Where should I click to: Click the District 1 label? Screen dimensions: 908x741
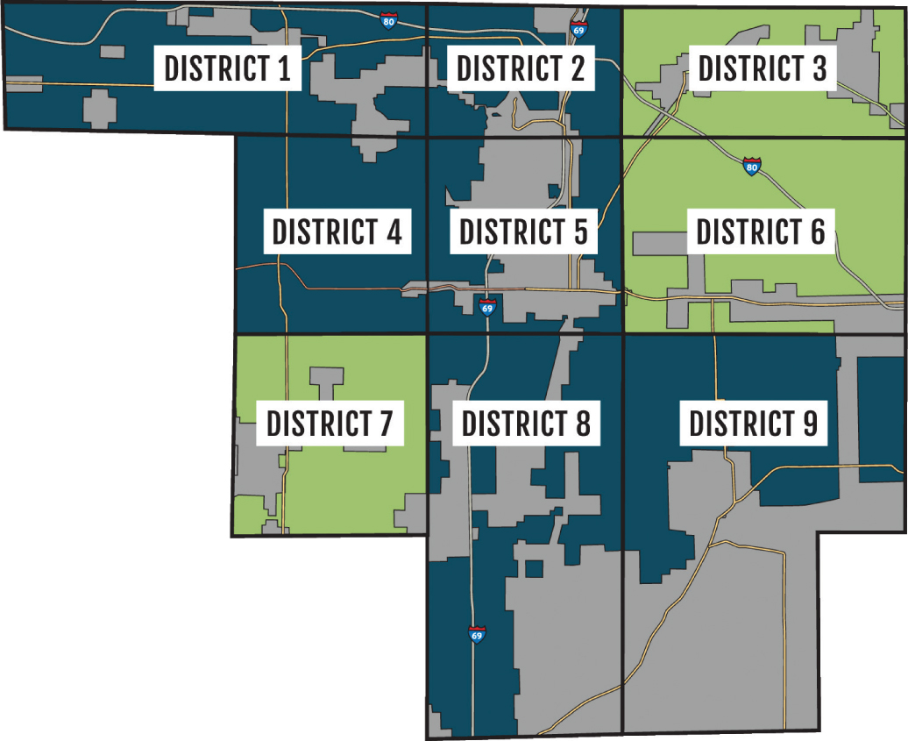click(x=227, y=68)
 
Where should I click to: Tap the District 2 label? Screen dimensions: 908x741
click(x=521, y=68)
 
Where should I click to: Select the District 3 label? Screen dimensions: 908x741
click(x=762, y=68)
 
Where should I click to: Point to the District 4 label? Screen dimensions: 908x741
click(x=337, y=232)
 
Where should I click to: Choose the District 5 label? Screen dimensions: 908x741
click(x=523, y=232)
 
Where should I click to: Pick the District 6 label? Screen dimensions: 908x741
click(x=760, y=232)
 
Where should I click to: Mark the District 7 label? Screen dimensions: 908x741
click(x=330, y=424)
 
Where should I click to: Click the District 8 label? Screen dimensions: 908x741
click(x=526, y=424)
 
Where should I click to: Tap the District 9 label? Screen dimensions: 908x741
click(x=753, y=424)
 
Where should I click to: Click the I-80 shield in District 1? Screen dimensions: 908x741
click(x=389, y=20)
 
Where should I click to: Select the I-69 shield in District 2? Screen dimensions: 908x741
click(x=578, y=30)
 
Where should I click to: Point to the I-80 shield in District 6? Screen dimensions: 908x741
click(x=751, y=166)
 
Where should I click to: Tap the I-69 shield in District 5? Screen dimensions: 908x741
click(x=488, y=307)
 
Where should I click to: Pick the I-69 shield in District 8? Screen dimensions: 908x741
click(x=477, y=634)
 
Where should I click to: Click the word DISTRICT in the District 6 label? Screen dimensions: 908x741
click(x=746, y=232)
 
